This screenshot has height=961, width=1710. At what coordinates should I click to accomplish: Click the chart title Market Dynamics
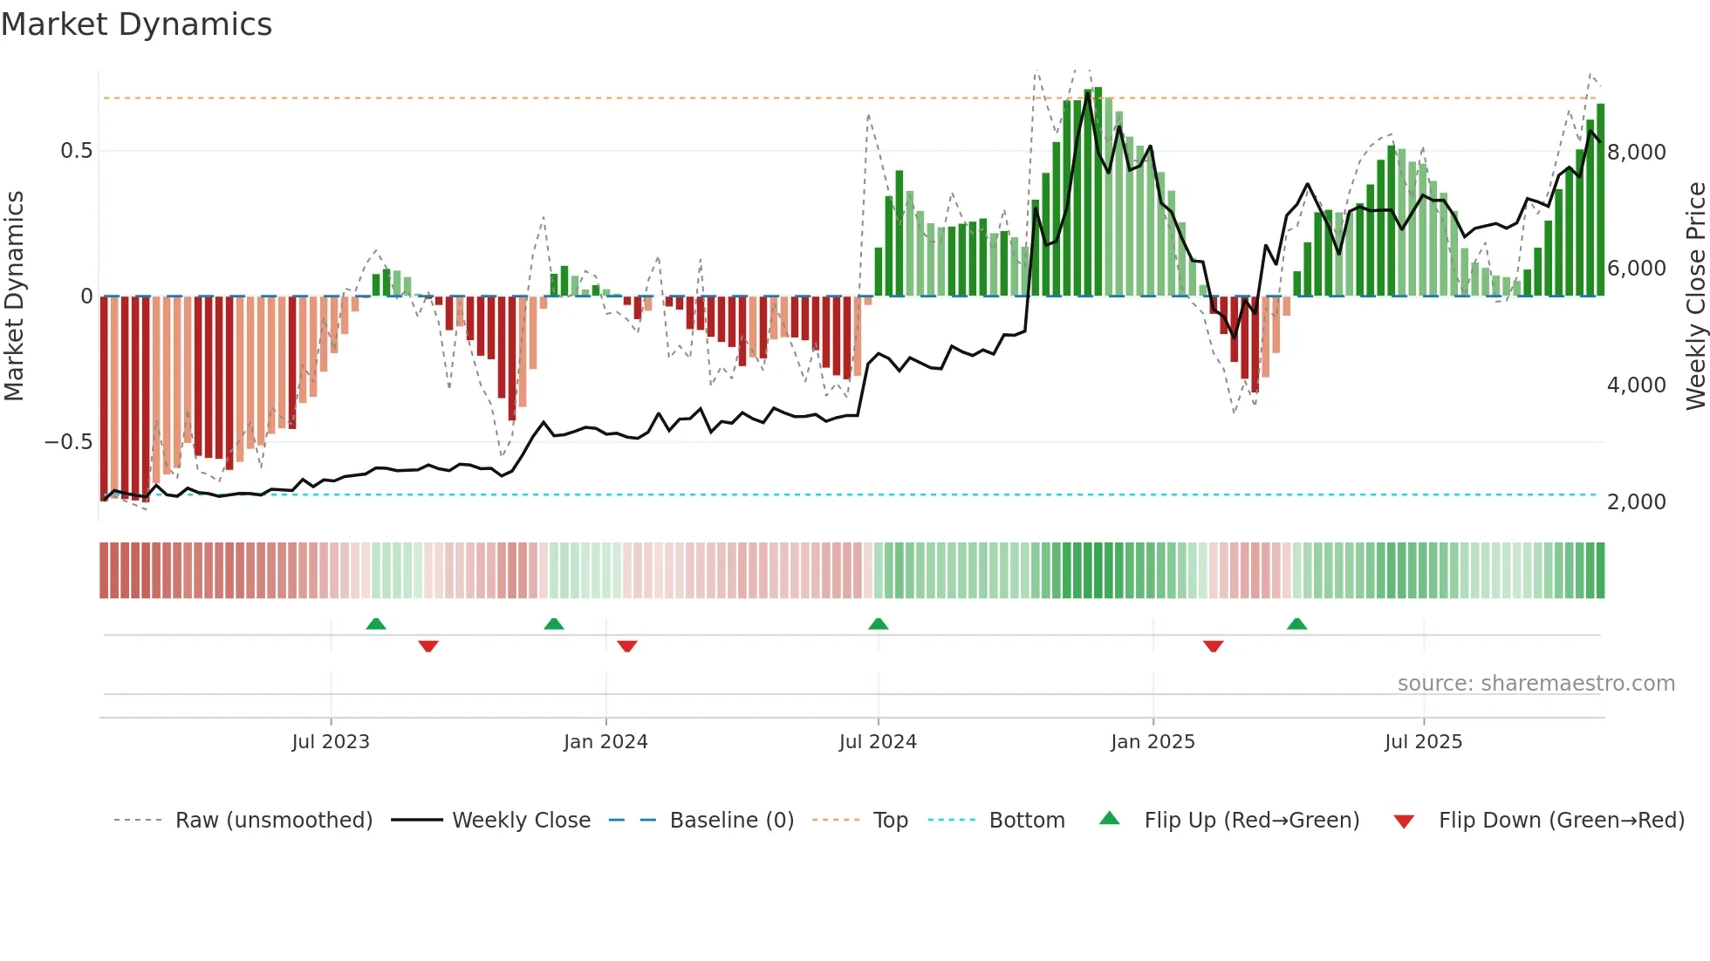click(137, 24)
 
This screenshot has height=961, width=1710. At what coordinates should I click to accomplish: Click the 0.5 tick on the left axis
click(76, 151)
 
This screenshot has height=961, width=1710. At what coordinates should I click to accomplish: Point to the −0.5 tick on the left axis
click(69, 442)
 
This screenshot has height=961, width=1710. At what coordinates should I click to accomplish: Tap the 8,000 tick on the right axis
click(1636, 153)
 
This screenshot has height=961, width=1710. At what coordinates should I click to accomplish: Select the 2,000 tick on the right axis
click(1636, 502)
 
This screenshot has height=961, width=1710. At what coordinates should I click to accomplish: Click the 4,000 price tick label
click(1636, 385)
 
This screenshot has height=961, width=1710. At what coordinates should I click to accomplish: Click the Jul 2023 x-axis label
click(331, 742)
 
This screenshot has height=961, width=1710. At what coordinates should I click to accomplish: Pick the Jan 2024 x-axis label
click(605, 742)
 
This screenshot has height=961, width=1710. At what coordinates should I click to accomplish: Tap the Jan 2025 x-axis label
click(1153, 742)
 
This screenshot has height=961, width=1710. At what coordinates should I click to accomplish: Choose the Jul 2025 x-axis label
click(1423, 742)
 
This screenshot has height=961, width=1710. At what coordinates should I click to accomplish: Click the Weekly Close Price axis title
click(1695, 296)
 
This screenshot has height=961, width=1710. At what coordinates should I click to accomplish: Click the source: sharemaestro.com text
click(1536, 684)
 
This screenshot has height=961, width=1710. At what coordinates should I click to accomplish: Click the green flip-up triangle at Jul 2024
click(879, 624)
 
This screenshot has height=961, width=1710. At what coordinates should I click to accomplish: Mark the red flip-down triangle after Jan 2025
click(1213, 646)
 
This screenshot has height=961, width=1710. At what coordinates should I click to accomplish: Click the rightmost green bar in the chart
click(1600, 201)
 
